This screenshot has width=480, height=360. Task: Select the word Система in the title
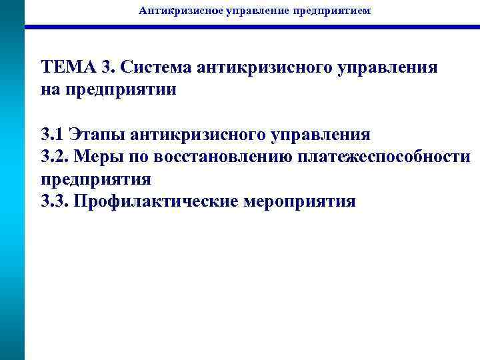click(158, 67)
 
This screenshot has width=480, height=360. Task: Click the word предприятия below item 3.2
click(97, 179)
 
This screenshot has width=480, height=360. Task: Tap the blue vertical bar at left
click(12, 200)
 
